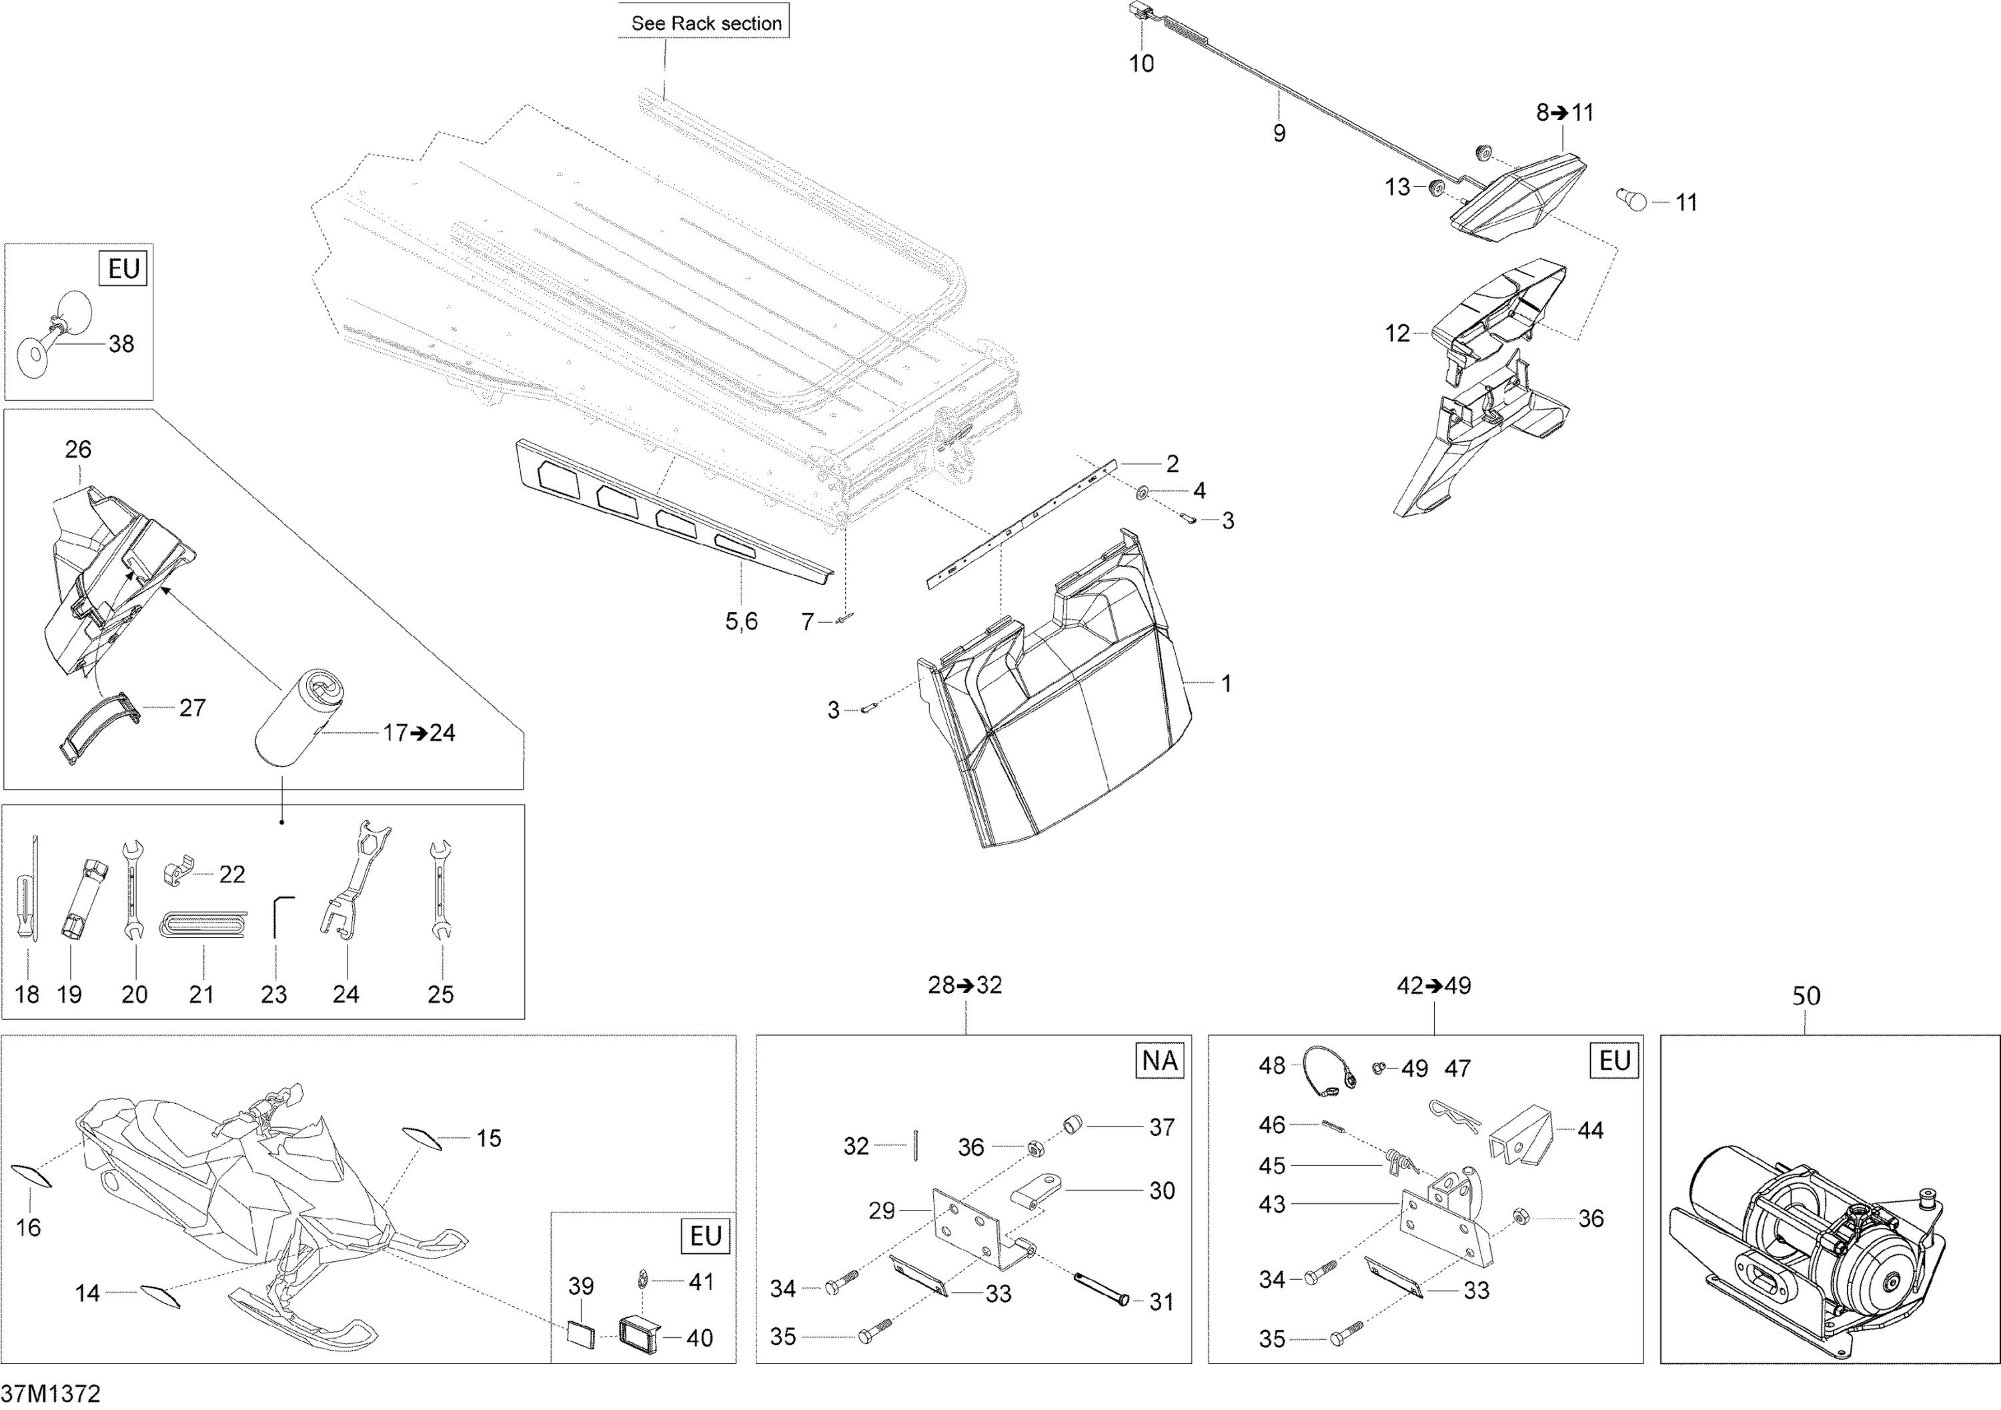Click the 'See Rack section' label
click(705, 23)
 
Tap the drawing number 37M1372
click(51, 1393)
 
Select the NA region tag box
click(1160, 1061)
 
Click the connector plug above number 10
click(1139, 11)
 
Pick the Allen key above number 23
click(279, 916)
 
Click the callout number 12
click(1397, 333)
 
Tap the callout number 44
click(1591, 1131)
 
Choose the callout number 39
click(582, 1286)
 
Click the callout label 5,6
click(742, 622)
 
